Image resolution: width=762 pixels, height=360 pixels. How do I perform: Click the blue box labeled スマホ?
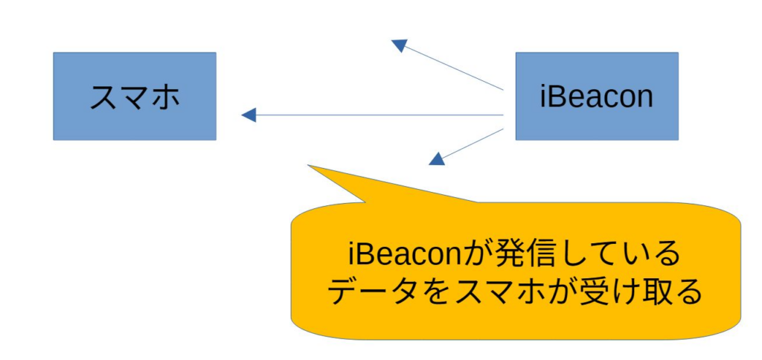click(134, 96)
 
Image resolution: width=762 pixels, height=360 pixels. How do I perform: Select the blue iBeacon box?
click(597, 96)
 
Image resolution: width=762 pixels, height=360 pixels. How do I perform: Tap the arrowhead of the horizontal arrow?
click(249, 115)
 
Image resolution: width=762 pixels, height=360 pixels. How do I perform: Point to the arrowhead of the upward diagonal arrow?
click(400, 45)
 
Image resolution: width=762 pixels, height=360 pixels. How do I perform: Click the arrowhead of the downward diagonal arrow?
click(437, 158)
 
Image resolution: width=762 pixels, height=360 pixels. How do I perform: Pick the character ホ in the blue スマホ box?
click(164, 97)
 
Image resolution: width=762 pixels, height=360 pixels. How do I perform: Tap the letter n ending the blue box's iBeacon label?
click(644, 98)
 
